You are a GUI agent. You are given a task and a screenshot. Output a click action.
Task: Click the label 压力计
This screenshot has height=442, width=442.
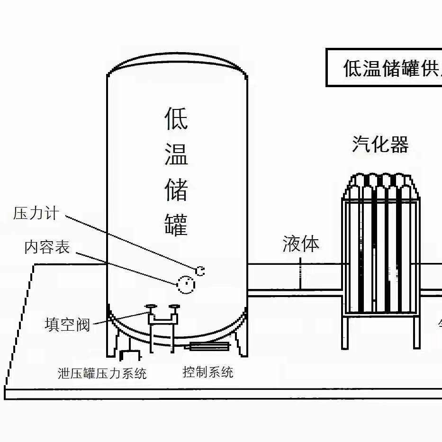[36, 213]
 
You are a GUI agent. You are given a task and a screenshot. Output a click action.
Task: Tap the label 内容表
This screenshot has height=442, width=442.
[47, 247]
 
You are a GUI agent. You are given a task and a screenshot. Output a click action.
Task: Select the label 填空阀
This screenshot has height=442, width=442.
[67, 325]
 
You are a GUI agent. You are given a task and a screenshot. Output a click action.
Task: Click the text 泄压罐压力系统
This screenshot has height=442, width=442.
[102, 373]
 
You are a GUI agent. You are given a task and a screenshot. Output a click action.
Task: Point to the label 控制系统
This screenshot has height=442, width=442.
[208, 372]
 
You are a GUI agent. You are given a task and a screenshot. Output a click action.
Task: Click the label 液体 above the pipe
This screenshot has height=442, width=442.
[300, 244]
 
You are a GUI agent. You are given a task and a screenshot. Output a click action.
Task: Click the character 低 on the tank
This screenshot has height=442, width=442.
[176, 118]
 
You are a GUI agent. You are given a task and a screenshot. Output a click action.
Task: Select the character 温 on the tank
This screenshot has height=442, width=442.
[176, 154]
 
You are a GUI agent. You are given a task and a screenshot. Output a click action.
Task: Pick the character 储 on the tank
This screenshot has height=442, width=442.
[176, 189]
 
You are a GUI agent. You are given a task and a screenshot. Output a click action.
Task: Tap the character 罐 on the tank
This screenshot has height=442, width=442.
[176, 224]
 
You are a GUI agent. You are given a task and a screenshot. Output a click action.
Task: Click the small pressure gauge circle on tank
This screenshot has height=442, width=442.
[200, 271]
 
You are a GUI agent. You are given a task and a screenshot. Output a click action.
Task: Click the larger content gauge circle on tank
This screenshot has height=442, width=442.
[186, 284]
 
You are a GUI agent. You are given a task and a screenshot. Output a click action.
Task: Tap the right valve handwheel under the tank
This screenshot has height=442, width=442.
[175, 307]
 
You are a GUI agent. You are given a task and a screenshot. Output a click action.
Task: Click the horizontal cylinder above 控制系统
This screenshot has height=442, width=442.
[209, 346]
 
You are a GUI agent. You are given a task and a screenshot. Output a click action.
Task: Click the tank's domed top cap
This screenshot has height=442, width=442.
[176, 63]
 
